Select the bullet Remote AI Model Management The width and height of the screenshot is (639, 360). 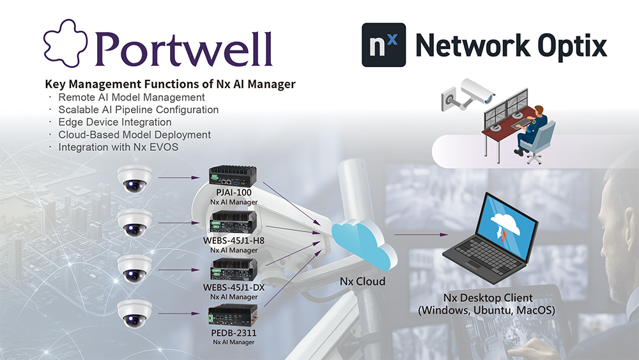coord(131,97)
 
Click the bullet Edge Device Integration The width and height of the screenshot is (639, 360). coord(114,122)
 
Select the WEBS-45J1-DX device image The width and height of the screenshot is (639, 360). coord(233,269)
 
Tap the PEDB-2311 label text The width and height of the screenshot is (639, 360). coord(233,334)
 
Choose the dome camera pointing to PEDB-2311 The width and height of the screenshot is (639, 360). coord(135,313)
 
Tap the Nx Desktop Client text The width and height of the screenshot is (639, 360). coord(488,298)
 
